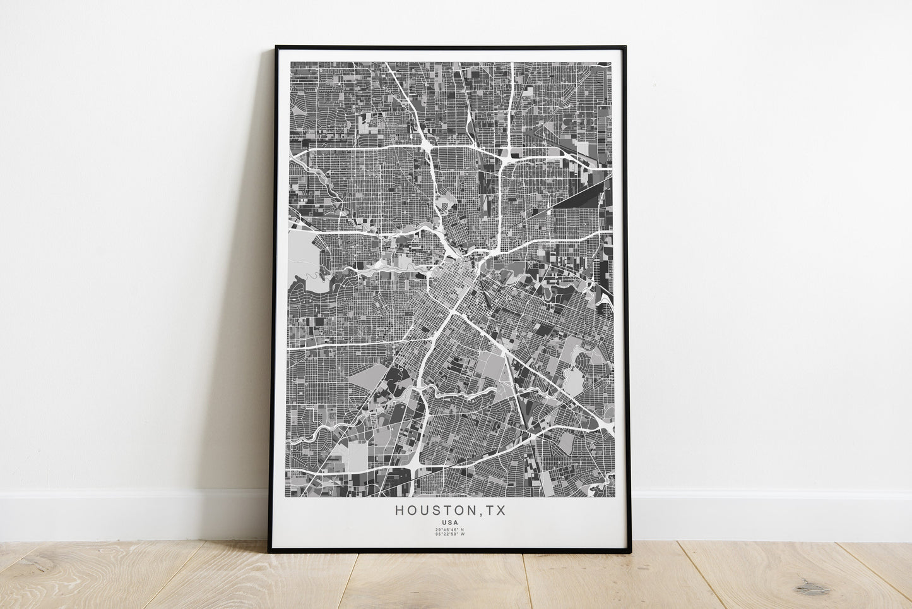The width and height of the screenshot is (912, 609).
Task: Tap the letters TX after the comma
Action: [x=495, y=510]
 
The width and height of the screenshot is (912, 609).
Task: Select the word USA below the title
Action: [x=451, y=522]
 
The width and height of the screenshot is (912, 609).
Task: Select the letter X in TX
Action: [x=501, y=510]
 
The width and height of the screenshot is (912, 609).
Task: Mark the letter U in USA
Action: [x=446, y=522]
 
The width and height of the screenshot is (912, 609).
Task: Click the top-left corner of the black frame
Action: [x=276, y=46]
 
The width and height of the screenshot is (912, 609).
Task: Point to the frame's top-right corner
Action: [x=624, y=46]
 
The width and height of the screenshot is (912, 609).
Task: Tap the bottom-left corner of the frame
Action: [x=269, y=552]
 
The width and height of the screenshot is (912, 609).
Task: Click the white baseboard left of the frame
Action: [x=126, y=513]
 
